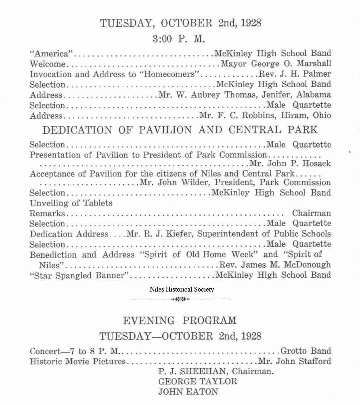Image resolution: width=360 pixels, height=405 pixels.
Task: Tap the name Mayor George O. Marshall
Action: [x=276, y=64]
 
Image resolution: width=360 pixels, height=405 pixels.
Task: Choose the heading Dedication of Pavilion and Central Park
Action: [x=180, y=130]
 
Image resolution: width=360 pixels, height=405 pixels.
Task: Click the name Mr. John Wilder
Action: [x=167, y=183]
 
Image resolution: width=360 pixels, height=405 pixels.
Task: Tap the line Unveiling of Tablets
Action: [x=71, y=203]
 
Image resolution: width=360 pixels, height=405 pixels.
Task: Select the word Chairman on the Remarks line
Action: [x=311, y=213]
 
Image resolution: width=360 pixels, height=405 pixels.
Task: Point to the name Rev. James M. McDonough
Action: [x=275, y=265]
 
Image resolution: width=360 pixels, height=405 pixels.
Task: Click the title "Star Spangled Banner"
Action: [x=79, y=275]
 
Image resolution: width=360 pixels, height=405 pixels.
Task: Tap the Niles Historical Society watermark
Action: [x=182, y=289]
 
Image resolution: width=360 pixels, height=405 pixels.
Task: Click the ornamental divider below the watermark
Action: [x=180, y=299]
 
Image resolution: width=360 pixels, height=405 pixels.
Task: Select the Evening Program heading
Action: [x=180, y=321]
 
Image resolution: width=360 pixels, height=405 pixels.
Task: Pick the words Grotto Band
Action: [x=306, y=351]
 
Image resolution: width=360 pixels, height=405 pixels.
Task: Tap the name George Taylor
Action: [x=198, y=381]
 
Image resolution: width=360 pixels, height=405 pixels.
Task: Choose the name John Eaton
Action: [x=188, y=391]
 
